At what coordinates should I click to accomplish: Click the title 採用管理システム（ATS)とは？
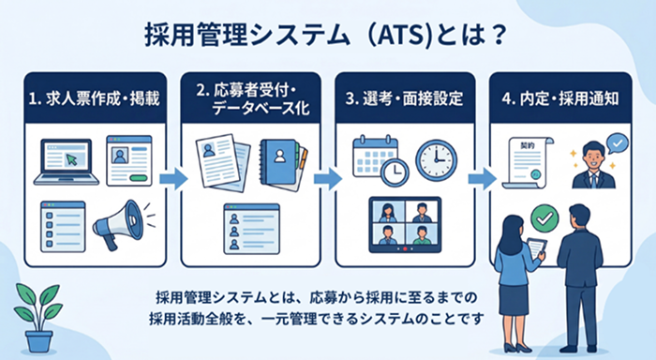[x=327, y=35]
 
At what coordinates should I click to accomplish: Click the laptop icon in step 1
[x=64, y=160]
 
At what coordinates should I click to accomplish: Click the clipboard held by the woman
[x=537, y=248]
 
